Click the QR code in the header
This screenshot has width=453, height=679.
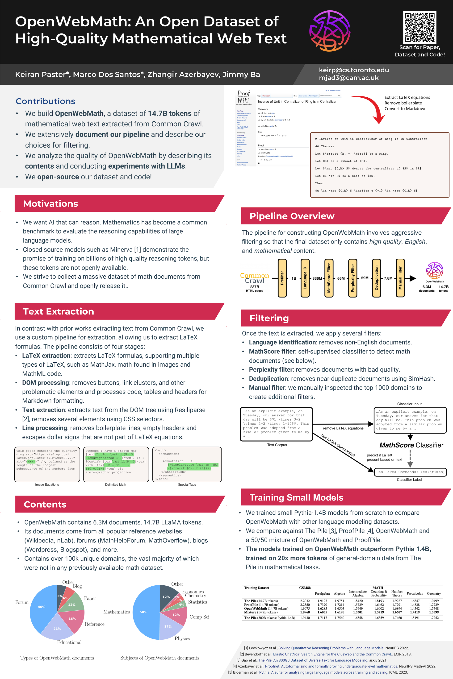(x=419, y=27)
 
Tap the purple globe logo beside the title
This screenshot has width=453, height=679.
(x=330, y=31)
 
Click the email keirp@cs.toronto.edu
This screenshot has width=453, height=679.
(x=354, y=70)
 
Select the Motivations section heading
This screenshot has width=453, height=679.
(x=50, y=203)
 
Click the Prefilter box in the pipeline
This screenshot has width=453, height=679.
(x=282, y=278)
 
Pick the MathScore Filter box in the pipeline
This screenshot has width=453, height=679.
(x=329, y=278)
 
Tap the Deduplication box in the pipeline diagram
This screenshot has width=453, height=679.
(x=376, y=278)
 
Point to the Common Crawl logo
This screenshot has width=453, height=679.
(x=254, y=278)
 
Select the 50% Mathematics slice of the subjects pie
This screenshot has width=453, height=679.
(x=144, y=612)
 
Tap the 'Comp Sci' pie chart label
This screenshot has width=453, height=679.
(x=199, y=617)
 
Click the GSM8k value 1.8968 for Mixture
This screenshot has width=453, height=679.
(x=305, y=612)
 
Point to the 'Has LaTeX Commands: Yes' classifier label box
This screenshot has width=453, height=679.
(x=410, y=472)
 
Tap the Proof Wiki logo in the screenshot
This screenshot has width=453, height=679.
(x=243, y=97)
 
